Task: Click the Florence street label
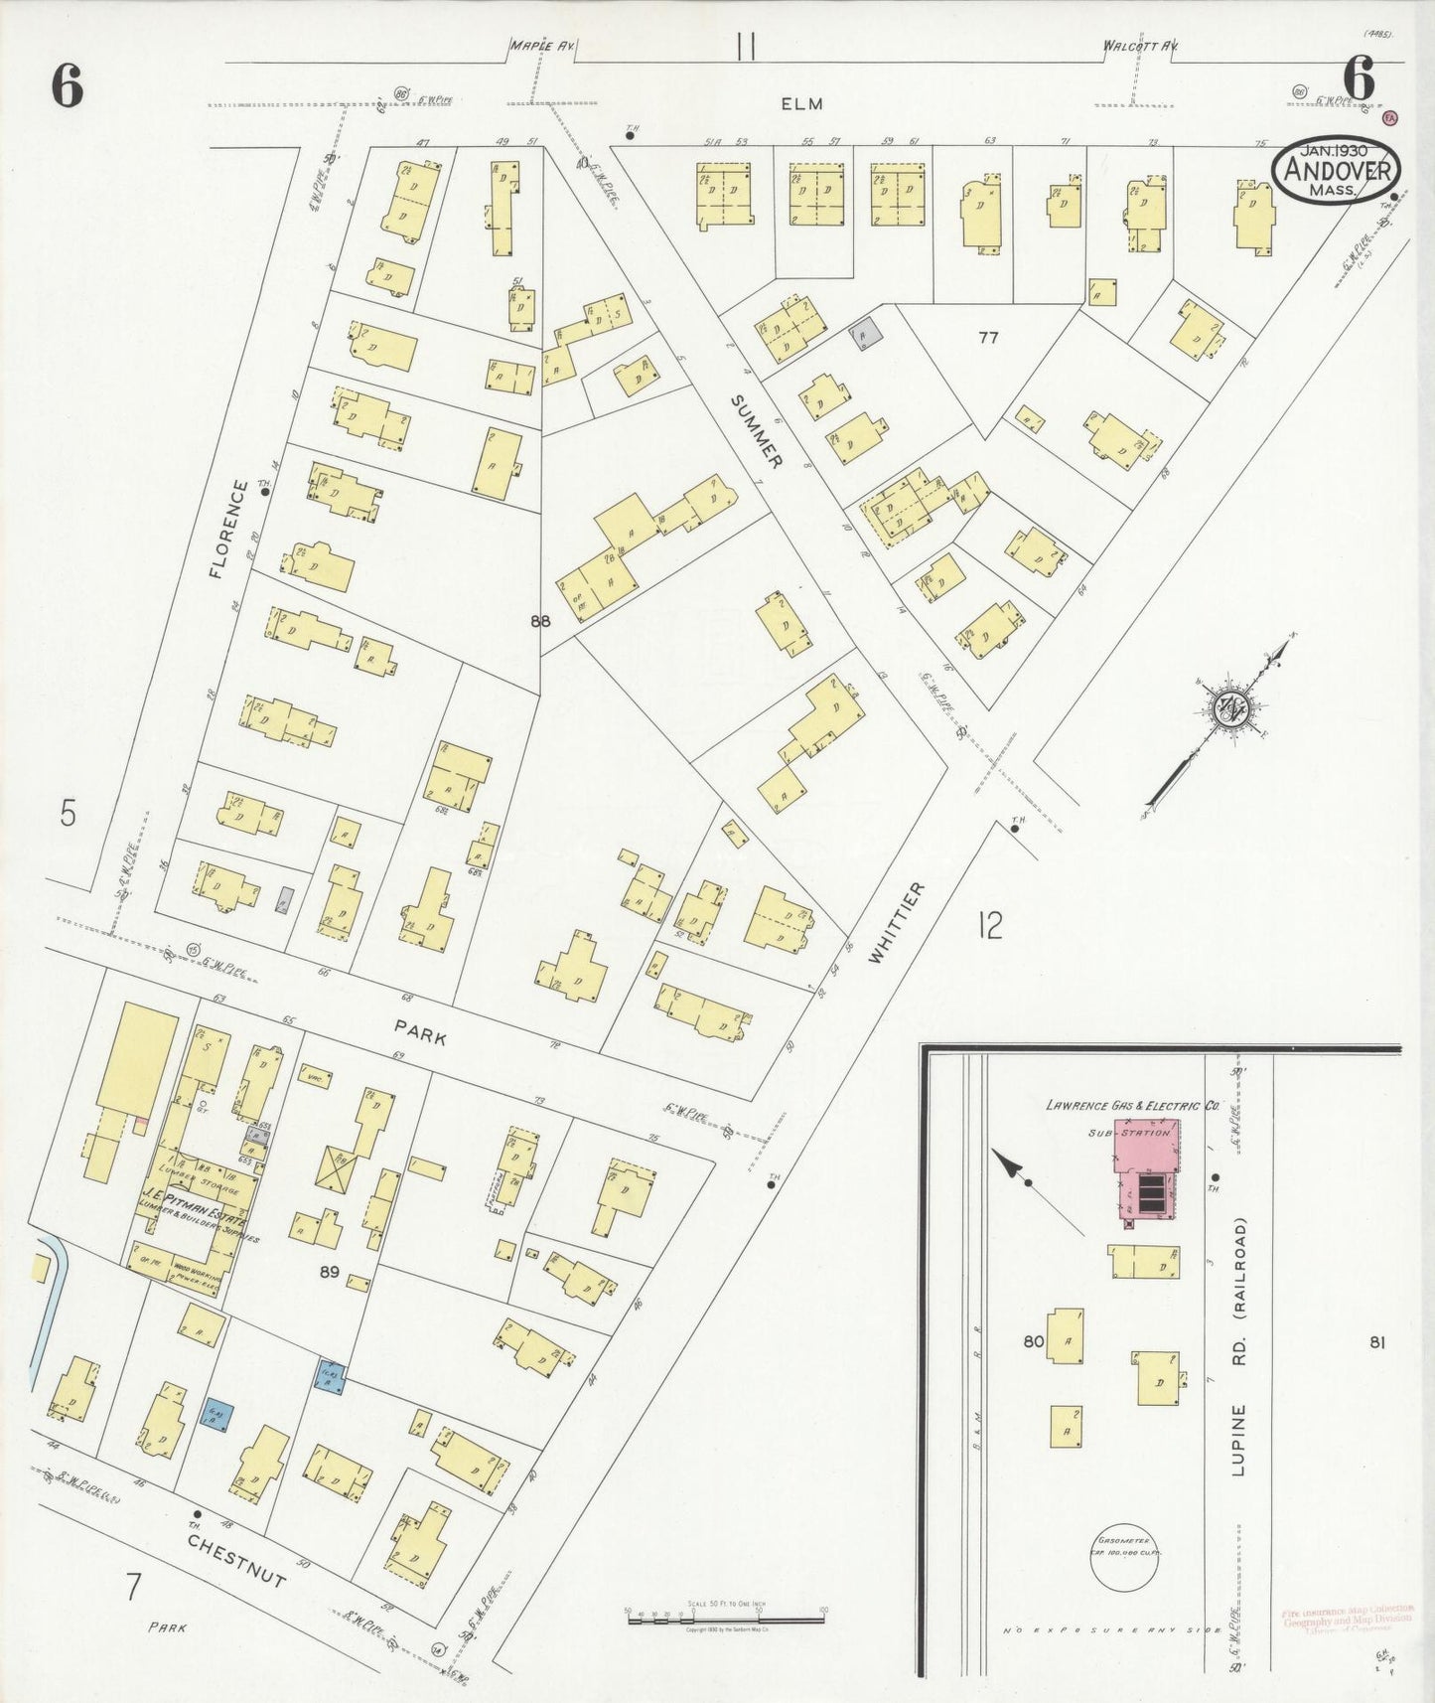click(x=228, y=530)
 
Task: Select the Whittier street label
click(x=896, y=922)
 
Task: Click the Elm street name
click(x=801, y=103)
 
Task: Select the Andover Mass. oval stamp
click(x=1336, y=170)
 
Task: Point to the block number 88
click(x=539, y=622)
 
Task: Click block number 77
click(x=987, y=338)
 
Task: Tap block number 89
click(x=331, y=1271)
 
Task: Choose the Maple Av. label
click(x=542, y=46)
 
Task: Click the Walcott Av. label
click(x=1139, y=46)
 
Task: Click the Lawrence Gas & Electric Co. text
click(x=1132, y=1105)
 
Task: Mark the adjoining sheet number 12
click(x=990, y=926)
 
